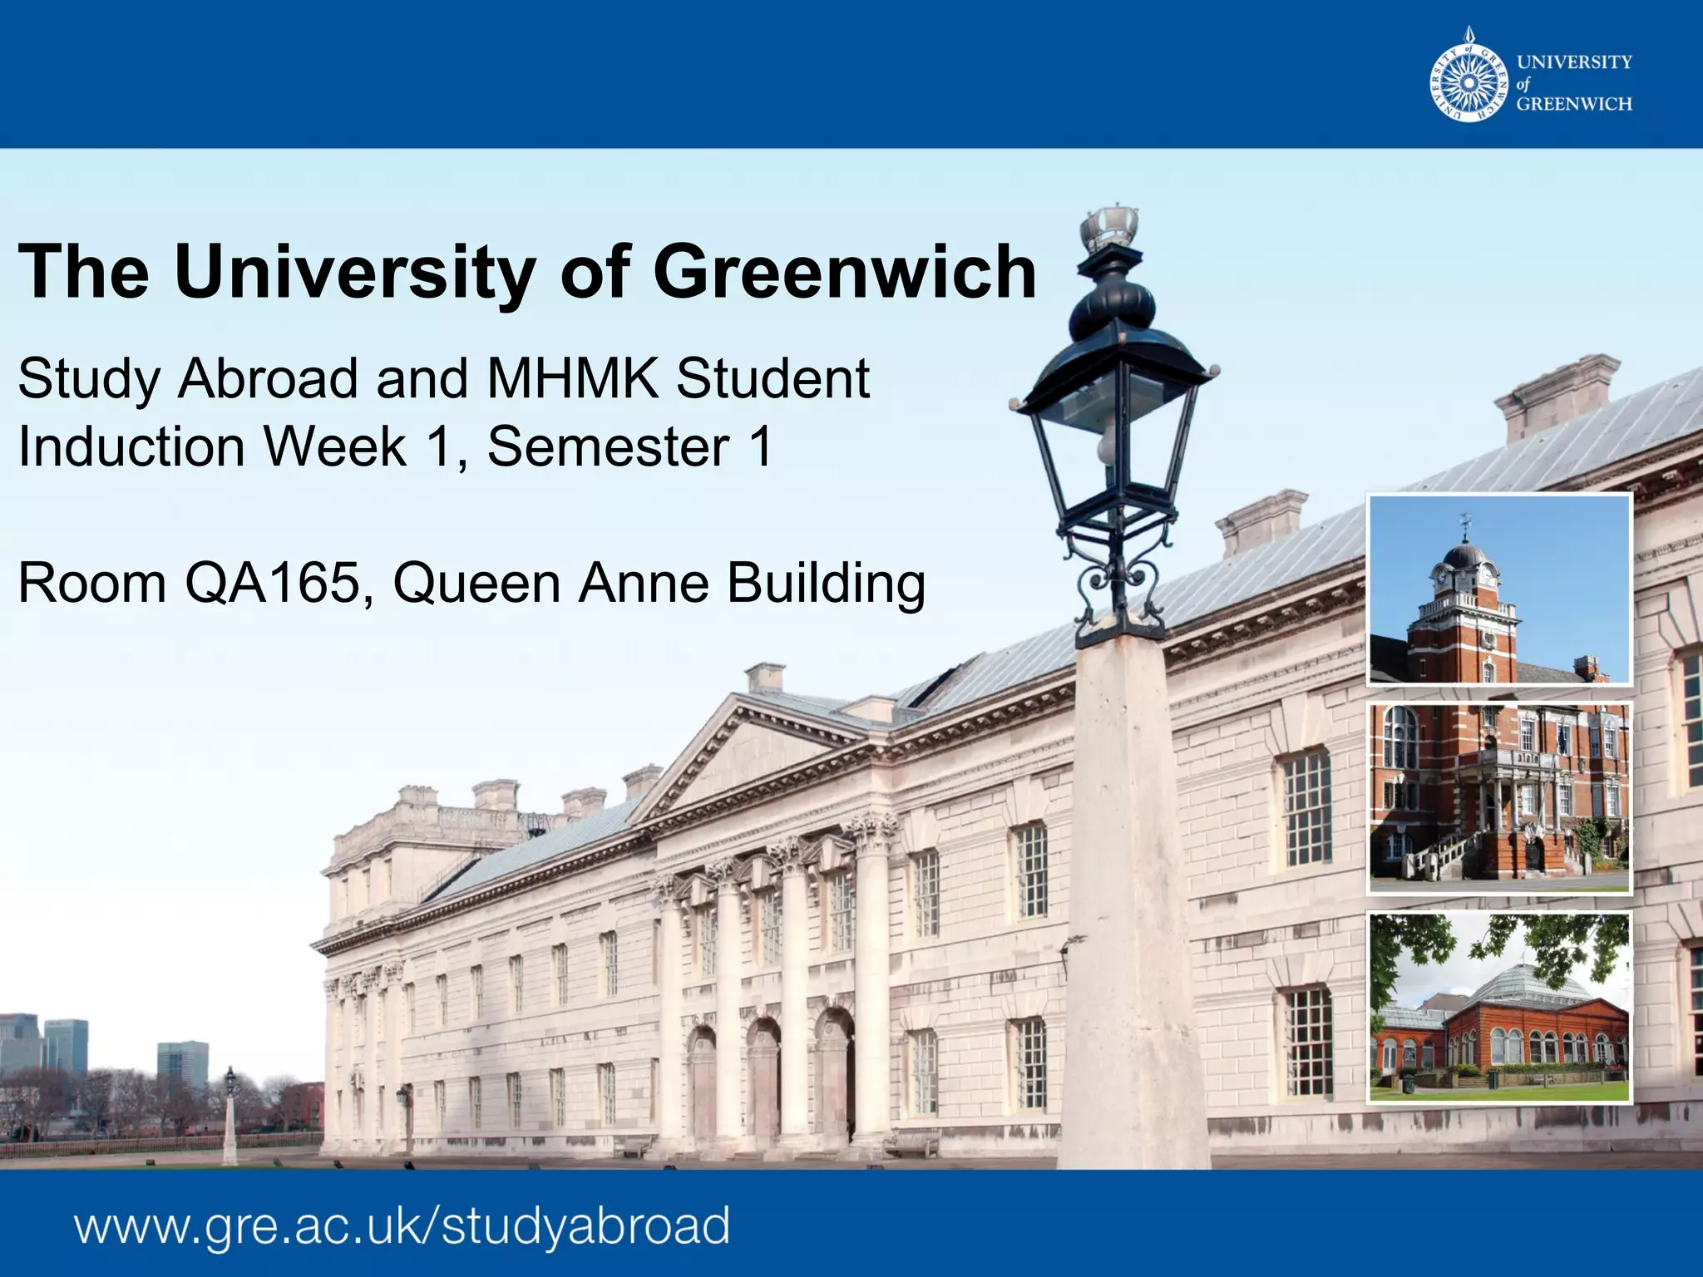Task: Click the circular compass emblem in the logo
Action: point(1469,83)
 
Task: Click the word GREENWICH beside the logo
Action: point(1574,104)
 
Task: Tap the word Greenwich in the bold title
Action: point(845,272)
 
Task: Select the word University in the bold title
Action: point(353,272)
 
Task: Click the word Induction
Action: point(131,446)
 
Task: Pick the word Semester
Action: point(608,446)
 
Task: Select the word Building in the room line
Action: point(826,583)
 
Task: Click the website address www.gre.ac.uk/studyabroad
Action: point(402,1226)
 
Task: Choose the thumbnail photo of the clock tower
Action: point(1499,589)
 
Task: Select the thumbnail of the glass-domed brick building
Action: point(1499,1007)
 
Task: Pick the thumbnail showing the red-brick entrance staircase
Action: point(1499,796)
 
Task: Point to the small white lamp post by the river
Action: point(230,1118)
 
